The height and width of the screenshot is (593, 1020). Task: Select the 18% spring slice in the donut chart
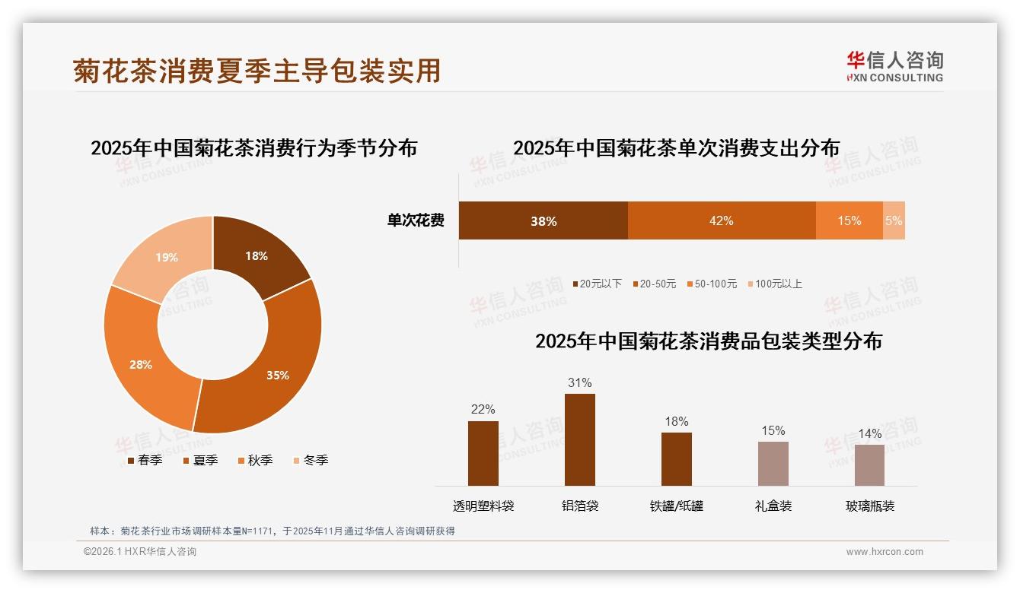(257, 255)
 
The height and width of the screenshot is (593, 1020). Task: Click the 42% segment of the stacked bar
(721, 220)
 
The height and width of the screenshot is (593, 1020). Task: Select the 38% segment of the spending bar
(543, 220)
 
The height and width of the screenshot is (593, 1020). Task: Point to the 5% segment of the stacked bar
(894, 220)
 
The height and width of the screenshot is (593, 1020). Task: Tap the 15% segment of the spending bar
(849, 220)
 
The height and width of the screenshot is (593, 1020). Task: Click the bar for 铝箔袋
(579, 439)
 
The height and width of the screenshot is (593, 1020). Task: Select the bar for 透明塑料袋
(483, 453)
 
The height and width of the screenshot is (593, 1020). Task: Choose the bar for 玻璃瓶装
(869, 465)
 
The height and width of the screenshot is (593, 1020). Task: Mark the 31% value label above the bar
(579, 382)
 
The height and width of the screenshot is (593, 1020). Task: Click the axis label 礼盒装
(773, 506)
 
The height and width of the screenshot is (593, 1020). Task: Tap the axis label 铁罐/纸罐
(676, 506)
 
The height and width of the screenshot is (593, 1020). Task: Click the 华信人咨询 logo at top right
(894, 66)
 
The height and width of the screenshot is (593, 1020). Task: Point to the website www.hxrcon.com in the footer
(885, 552)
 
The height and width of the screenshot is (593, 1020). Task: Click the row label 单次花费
(416, 220)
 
